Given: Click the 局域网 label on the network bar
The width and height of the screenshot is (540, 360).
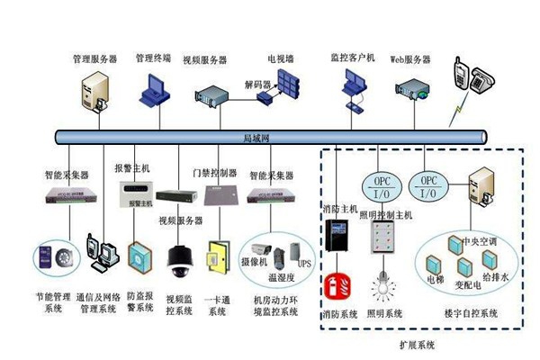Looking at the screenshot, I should click(259, 138).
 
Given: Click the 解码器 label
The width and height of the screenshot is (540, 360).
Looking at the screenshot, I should click(257, 85).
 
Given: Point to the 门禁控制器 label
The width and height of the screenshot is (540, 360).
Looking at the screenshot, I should click(215, 171).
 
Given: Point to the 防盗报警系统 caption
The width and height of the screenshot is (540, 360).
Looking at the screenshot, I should click(140, 301).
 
